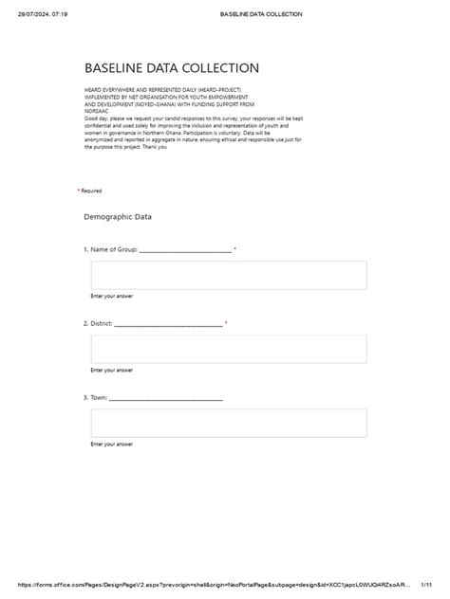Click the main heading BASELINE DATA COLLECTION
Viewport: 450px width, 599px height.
(171, 68)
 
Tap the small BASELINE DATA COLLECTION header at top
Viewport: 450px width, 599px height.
(260, 14)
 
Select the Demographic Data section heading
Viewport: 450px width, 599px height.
(118, 217)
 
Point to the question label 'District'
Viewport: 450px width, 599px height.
(102, 323)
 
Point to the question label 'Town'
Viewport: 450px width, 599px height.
(99, 397)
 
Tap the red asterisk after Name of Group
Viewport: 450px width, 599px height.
(234, 249)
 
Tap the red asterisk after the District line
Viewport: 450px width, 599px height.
(226, 323)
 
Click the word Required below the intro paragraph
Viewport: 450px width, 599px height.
(91, 191)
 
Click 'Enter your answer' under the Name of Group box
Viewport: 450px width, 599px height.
(111, 297)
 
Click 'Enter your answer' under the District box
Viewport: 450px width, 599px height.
(111, 370)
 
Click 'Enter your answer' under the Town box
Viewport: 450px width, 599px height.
(111, 444)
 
